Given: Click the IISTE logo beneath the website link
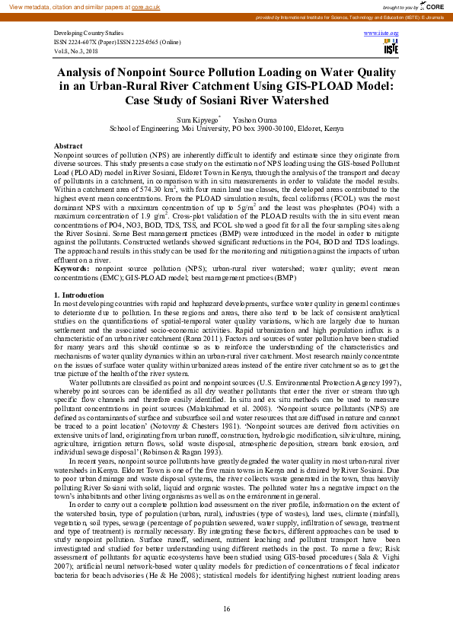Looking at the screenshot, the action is click(x=391, y=48).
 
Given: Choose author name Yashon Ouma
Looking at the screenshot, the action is click(x=254, y=120).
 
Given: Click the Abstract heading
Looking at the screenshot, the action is click(x=69, y=145).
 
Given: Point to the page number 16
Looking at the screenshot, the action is click(x=226, y=609).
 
